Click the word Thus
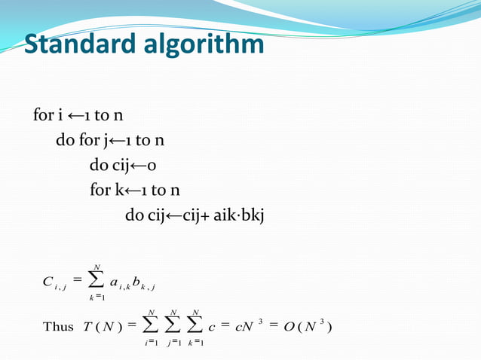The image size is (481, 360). point(58,326)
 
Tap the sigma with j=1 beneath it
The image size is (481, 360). point(175,326)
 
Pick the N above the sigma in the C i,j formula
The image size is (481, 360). point(96,266)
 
